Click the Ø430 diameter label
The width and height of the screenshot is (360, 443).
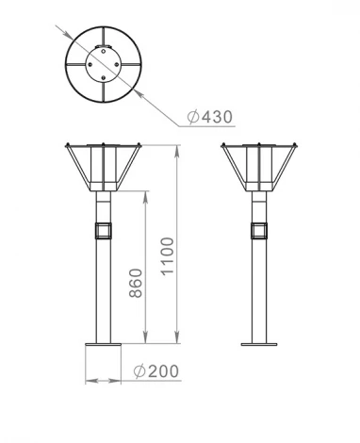pos(209,117)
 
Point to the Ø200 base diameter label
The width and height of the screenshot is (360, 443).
pos(155,370)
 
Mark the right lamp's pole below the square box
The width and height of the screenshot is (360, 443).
pos(258,292)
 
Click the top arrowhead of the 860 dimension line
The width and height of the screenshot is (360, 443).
pos(144,194)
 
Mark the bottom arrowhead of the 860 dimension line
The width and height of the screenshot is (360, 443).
pos(144,339)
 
